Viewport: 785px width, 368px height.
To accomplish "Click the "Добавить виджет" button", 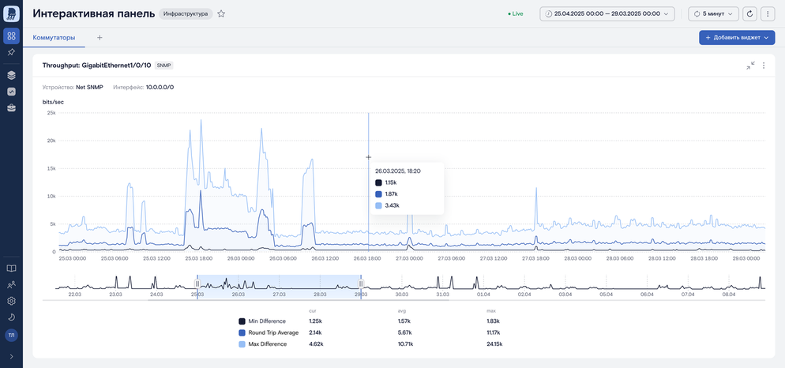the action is (x=737, y=38).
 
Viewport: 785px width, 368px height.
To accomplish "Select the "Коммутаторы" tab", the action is (x=54, y=38).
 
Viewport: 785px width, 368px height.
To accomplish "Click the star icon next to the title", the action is (x=221, y=14).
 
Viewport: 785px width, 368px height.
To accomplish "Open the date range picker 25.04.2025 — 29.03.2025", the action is (x=607, y=14).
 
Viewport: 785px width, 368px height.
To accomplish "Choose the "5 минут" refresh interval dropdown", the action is (x=713, y=14).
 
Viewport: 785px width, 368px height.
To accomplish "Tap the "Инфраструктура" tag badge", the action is (x=186, y=14).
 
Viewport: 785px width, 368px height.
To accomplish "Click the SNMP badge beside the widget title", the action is (x=163, y=66).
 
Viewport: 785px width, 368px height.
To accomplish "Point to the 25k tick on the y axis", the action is (x=51, y=113).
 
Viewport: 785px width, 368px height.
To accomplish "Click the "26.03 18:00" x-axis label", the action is (x=367, y=259).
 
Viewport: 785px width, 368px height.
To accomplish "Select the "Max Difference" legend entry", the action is (x=268, y=344).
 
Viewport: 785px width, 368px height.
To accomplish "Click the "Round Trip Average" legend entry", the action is (x=273, y=332).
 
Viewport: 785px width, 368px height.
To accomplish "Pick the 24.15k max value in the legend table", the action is (x=494, y=344).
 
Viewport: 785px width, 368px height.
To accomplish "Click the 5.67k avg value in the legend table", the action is (x=404, y=332).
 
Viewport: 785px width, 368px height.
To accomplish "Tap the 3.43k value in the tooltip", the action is (x=392, y=205).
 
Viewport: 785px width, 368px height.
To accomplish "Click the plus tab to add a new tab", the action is (x=100, y=38).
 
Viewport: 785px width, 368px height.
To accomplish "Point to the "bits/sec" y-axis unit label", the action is (x=53, y=102).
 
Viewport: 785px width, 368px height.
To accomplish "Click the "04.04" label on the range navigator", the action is (x=565, y=295).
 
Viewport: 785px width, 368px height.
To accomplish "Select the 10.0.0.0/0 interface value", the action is (x=160, y=87).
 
